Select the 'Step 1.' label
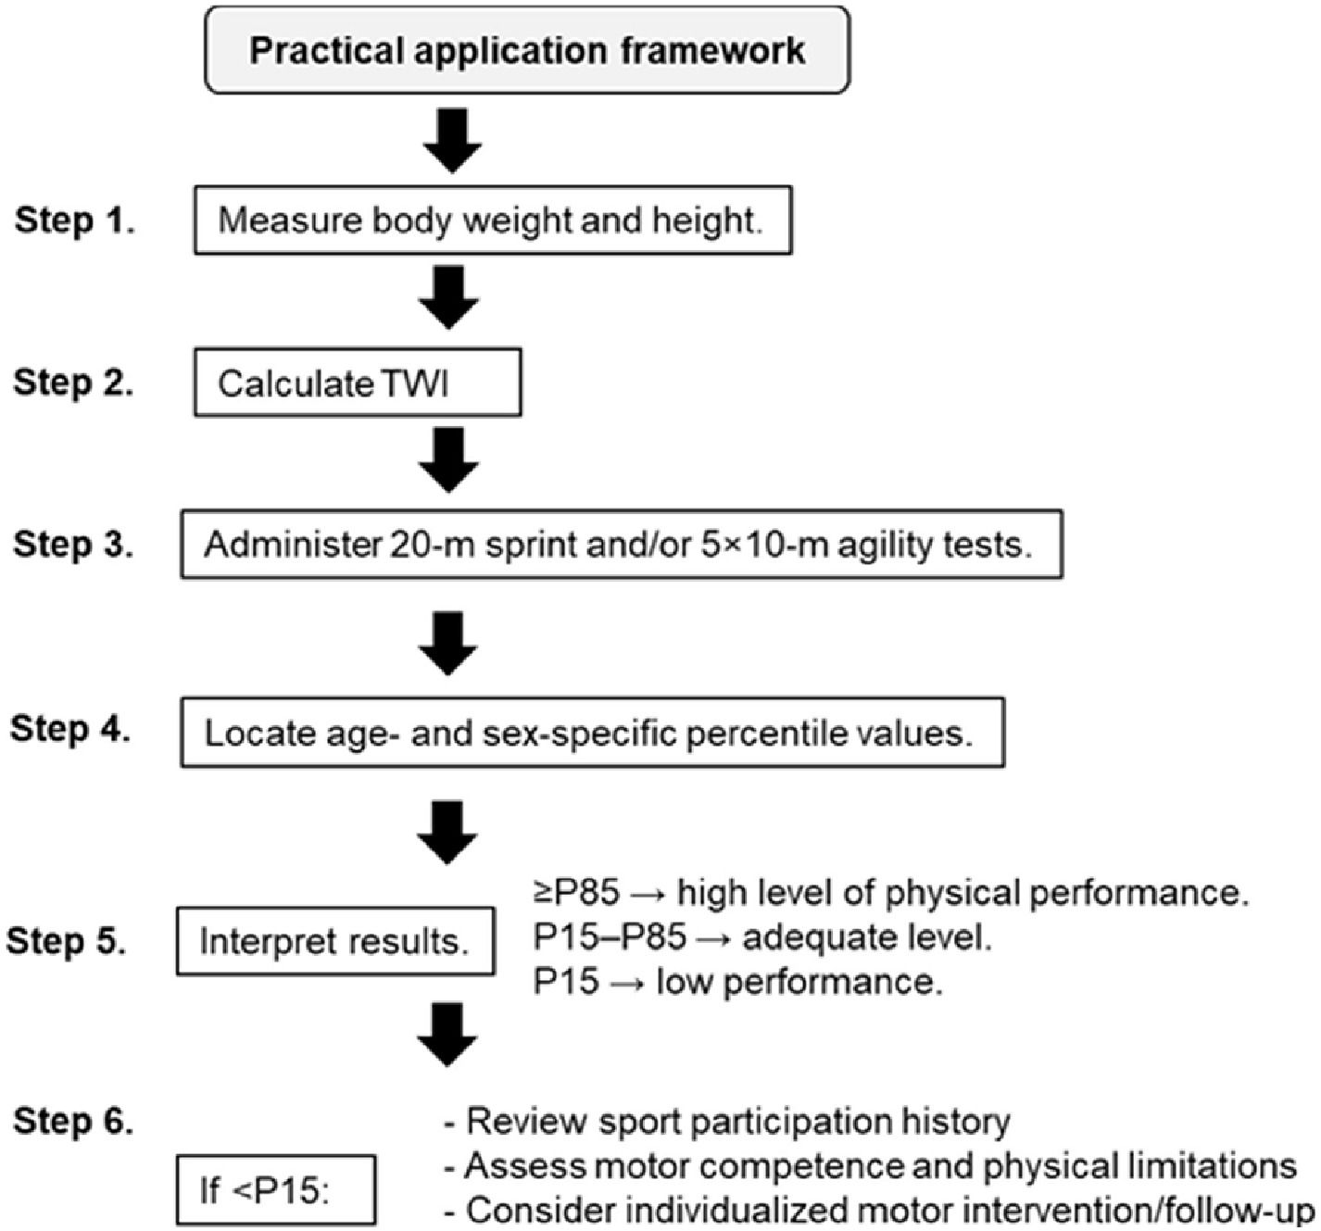pyautogui.click(x=74, y=220)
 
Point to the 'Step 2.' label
pyautogui.click(x=73, y=383)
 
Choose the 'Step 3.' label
pyautogui.click(x=73, y=545)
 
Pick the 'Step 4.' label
pyautogui.click(x=70, y=729)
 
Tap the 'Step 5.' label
pyautogui.click(x=67, y=941)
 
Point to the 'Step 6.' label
pyautogui.click(x=73, y=1121)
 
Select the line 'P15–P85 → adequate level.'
pyautogui.click(x=762, y=937)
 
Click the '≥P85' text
pyautogui.click(x=576, y=892)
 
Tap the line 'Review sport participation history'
pyautogui.click(x=727, y=1121)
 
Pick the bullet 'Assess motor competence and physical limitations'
pyautogui.click(x=871, y=1166)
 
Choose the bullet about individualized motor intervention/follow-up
pyautogui.click(x=879, y=1211)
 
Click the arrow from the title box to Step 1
pyautogui.click(x=453, y=141)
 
